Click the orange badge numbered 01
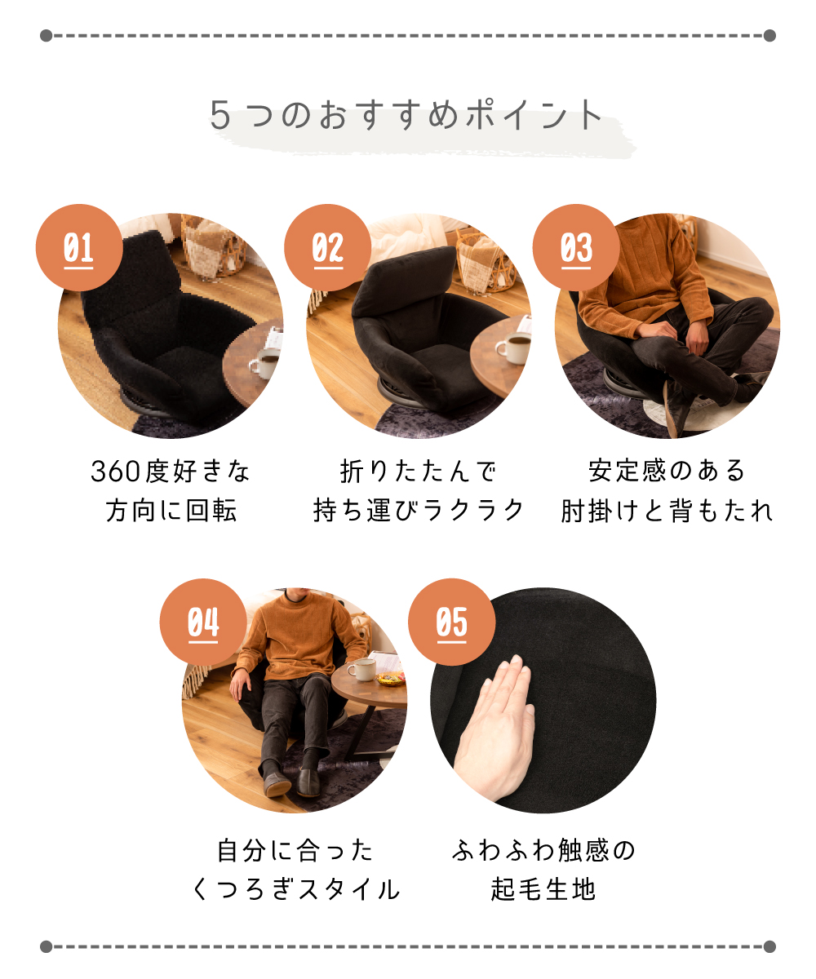click(79, 247)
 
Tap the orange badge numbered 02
click(327, 247)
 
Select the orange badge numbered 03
click(576, 247)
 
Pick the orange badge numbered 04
click(203, 622)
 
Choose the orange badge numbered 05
click(451, 622)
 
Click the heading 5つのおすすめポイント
click(406, 115)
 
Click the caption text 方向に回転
click(171, 510)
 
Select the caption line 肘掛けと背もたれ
click(667, 510)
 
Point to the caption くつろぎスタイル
click(295, 889)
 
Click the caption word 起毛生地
click(543, 889)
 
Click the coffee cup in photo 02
click(513, 348)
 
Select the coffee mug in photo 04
click(362, 669)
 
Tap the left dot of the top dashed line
click(46, 36)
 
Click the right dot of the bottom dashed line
click(769, 946)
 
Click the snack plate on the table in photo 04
click(390, 678)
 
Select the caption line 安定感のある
click(667, 472)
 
